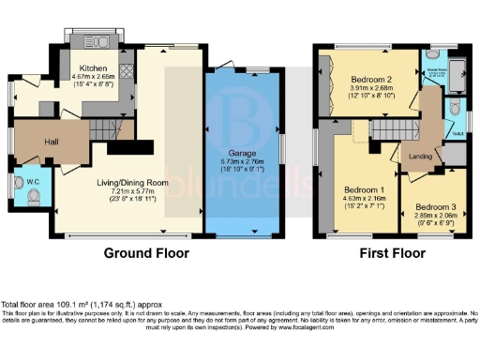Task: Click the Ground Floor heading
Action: pos(145,253)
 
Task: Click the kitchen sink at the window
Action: pos(95,45)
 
